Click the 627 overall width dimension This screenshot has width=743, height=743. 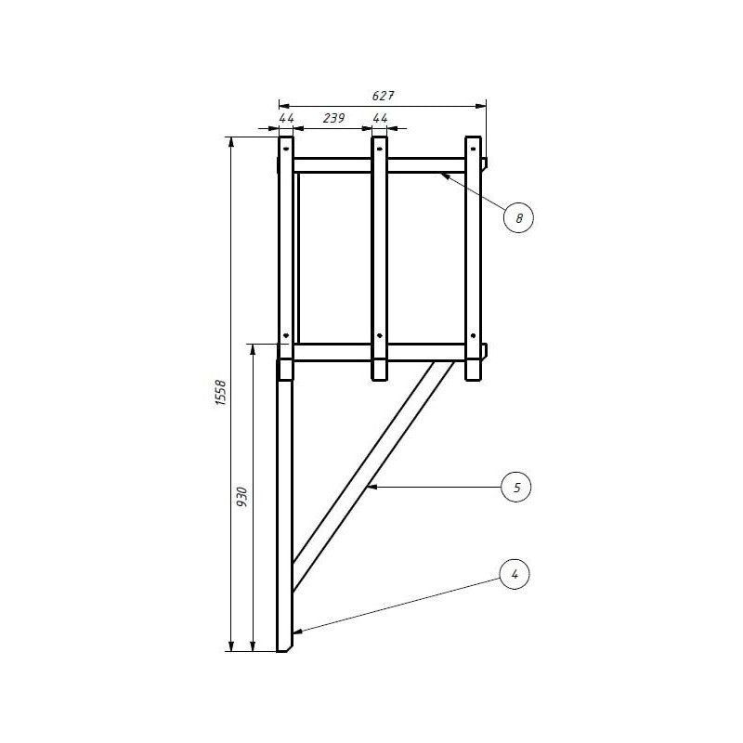click(383, 96)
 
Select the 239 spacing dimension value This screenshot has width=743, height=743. click(334, 118)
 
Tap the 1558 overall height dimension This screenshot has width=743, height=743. click(221, 392)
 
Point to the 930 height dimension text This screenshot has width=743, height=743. click(242, 497)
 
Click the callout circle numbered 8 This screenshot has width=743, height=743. click(518, 218)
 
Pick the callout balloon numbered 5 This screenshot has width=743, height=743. click(516, 487)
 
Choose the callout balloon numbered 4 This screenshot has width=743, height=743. click(515, 574)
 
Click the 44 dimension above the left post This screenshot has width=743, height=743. click(286, 118)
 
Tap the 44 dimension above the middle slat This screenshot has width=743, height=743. click(380, 118)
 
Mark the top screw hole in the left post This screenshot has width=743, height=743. click(286, 149)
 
